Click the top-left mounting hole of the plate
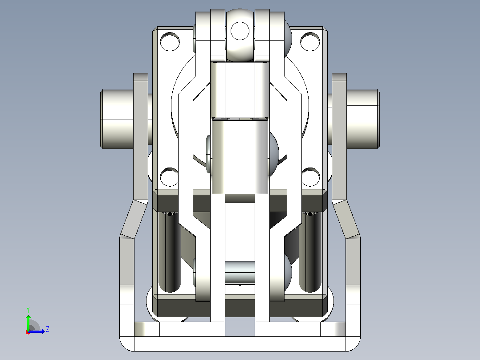[x=170, y=41]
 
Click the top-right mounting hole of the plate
[x=310, y=41]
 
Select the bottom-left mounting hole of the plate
[x=169, y=177]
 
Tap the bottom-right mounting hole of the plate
[x=311, y=177]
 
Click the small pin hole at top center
[x=240, y=31]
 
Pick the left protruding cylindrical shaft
[x=117, y=119]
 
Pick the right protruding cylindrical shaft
[x=363, y=119]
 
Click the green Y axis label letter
[x=28, y=310]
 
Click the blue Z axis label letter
[x=48, y=329]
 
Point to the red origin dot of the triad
[x=28, y=332]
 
